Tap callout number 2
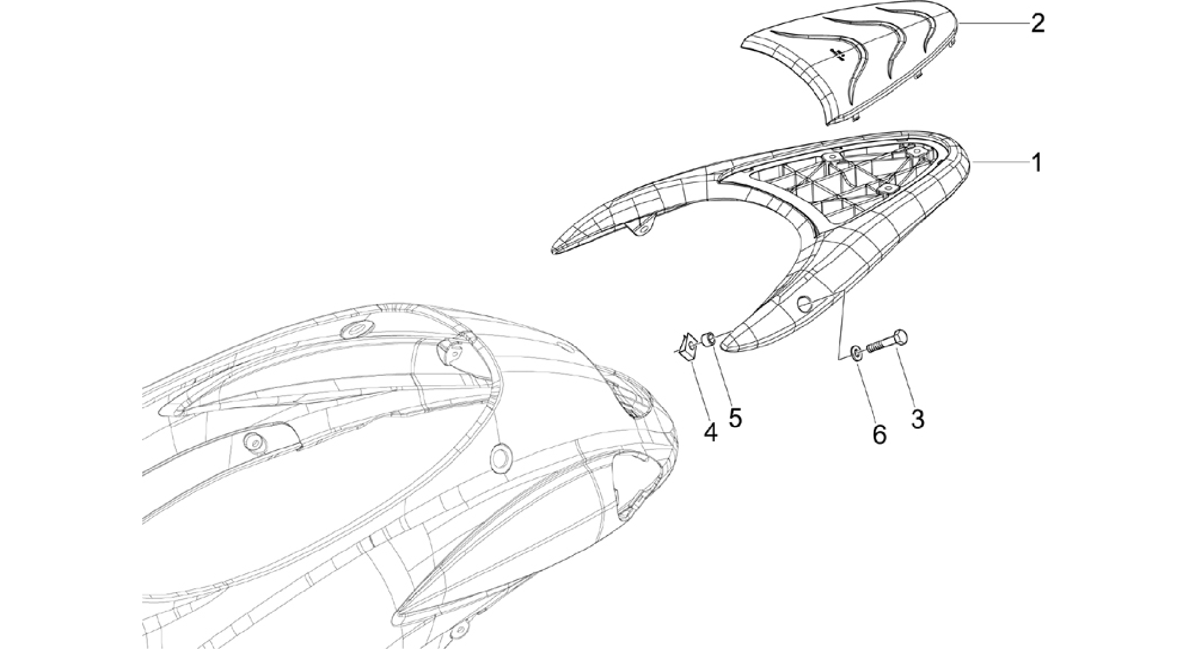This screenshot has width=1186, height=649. pyautogui.click(x=1037, y=23)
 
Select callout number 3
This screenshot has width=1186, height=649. pyautogui.click(x=917, y=419)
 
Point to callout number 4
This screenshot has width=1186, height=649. pyautogui.click(x=711, y=432)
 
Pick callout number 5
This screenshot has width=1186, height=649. pyautogui.click(x=735, y=417)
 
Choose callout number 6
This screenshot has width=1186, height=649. pyautogui.click(x=880, y=434)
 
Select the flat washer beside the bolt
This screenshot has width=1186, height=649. pyautogui.click(x=856, y=354)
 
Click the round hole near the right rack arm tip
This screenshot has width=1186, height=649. pyautogui.click(x=804, y=303)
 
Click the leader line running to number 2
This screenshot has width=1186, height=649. pyautogui.click(x=993, y=23)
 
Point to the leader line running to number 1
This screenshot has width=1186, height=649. pyautogui.click(x=1000, y=164)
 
